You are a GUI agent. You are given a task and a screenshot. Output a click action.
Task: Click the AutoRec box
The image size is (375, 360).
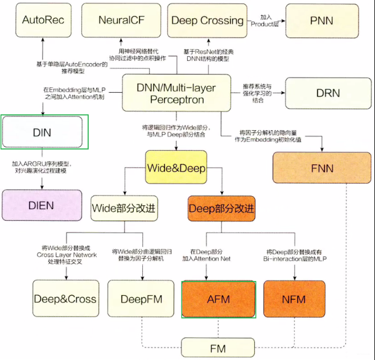(43, 20)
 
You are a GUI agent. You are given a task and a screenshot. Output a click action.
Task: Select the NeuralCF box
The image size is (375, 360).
(121, 20)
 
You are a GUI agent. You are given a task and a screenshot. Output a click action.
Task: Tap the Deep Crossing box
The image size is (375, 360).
(207, 20)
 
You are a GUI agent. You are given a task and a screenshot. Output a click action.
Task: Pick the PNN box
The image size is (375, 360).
(322, 21)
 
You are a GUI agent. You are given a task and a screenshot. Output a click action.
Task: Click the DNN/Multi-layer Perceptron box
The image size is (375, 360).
(176, 93)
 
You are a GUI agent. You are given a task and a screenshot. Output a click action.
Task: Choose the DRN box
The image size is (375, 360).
(328, 93)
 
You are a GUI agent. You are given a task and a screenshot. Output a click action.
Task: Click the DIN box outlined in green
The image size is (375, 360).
(42, 132)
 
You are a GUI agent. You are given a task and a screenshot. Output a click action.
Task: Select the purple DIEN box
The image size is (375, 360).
(42, 205)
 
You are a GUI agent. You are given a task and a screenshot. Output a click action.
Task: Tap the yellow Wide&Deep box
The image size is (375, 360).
(176, 167)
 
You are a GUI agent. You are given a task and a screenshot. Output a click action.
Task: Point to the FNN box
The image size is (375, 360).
(322, 168)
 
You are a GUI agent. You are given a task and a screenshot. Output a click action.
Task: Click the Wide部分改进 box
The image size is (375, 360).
(124, 208)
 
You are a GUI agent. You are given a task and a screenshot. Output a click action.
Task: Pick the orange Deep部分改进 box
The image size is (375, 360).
(221, 209)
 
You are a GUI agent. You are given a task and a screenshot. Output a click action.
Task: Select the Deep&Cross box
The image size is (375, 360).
(66, 299)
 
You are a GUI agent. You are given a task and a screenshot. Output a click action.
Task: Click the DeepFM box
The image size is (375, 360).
(141, 299)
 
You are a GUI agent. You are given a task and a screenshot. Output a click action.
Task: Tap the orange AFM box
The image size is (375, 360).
(219, 299)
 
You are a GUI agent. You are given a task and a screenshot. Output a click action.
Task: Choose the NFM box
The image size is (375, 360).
(294, 299)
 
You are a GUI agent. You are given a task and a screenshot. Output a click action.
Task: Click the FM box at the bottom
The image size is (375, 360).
(218, 348)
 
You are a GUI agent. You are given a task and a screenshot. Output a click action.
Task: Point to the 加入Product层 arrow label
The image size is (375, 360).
(265, 20)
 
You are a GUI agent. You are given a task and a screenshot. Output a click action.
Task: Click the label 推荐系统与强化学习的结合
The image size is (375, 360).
(257, 93)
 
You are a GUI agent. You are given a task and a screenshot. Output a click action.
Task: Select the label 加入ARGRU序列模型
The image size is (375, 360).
(42, 164)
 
